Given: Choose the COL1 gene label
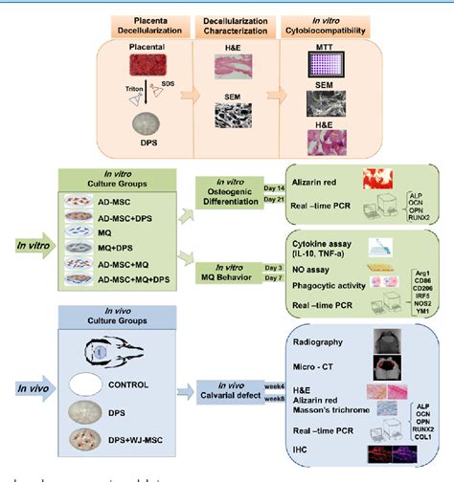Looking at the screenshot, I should pos(420,440).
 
